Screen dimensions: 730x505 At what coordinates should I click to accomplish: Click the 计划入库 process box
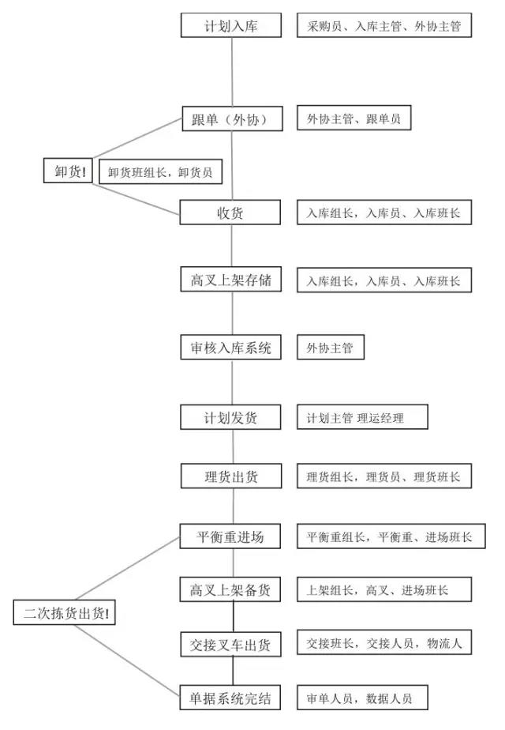point(230,25)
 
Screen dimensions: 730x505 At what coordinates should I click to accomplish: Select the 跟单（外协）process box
point(230,119)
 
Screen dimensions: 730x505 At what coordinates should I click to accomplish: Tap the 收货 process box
point(230,213)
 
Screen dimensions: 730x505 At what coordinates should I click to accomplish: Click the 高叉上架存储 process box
point(230,280)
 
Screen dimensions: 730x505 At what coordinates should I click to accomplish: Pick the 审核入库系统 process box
point(230,348)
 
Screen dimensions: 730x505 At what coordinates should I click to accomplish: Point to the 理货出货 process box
point(230,476)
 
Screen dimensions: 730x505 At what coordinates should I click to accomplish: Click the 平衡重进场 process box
point(230,537)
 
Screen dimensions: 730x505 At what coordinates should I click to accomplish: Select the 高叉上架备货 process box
point(230,589)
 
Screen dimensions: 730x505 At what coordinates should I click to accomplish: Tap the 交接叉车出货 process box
point(230,645)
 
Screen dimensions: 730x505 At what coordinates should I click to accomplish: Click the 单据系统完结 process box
point(230,698)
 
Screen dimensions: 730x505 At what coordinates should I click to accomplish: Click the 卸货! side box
point(69,171)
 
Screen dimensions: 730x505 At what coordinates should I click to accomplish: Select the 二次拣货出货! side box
point(65,613)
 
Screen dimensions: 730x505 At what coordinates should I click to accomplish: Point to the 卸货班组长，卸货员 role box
point(159,171)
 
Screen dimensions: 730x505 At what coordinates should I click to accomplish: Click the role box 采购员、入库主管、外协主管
point(384,25)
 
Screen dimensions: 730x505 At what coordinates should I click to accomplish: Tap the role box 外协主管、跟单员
point(353,119)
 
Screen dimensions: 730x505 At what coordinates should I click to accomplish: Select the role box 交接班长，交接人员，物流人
point(384,644)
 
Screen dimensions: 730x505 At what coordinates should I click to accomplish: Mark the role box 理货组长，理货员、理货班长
point(384,476)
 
